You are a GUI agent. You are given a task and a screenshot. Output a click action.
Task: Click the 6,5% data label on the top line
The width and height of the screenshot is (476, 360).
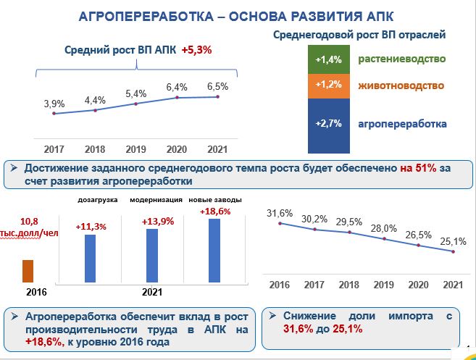[x=217, y=86]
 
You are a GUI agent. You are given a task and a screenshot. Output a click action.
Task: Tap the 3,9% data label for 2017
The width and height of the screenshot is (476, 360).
[x=54, y=104]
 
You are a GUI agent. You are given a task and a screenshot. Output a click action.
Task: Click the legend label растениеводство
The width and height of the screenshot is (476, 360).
[x=401, y=59]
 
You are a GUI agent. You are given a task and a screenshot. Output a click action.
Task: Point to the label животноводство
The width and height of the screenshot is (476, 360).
[x=401, y=85]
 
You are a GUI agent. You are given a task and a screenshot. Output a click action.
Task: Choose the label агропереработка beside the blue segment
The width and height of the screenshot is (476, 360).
[x=402, y=124]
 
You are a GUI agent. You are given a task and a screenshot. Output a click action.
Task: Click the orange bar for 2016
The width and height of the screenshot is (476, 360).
[x=28, y=271]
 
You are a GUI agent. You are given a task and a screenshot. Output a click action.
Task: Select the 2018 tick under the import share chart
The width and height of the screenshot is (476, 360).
[x=349, y=285]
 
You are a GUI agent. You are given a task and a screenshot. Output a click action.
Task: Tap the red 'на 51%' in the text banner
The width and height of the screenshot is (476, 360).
[x=419, y=168]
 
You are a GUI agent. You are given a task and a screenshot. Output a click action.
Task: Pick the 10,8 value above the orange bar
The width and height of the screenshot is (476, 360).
[x=29, y=220]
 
